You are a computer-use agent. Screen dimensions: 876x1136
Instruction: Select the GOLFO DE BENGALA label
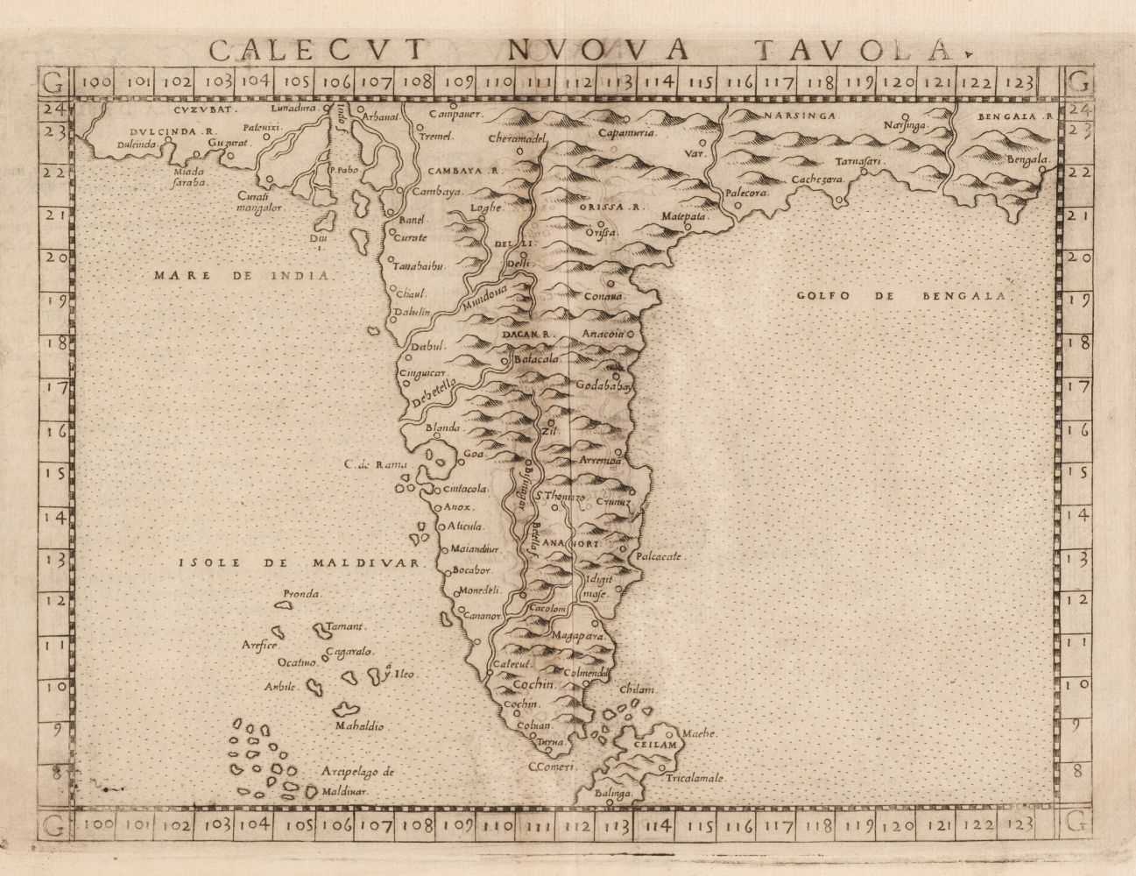[x=905, y=296]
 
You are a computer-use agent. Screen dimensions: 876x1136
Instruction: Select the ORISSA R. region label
[x=610, y=208]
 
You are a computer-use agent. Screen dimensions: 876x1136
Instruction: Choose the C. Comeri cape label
[x=551, y=767]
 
